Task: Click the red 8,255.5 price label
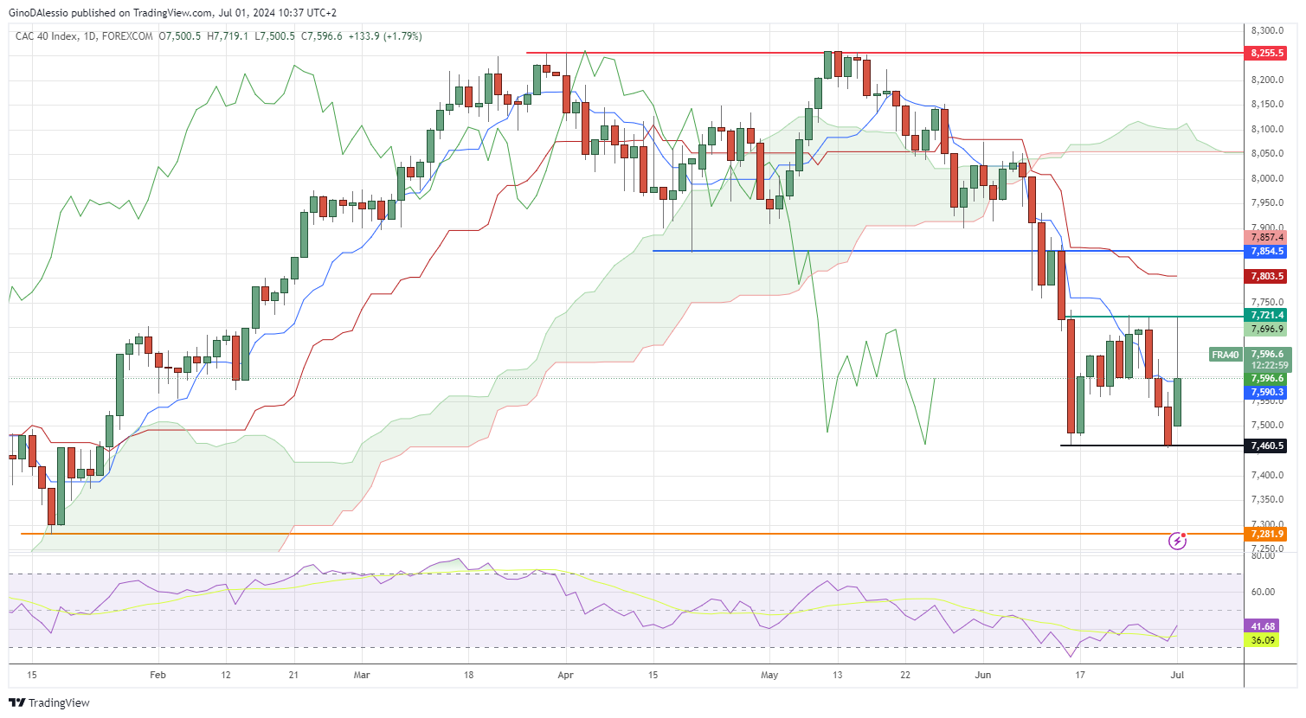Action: tap(1267, 53)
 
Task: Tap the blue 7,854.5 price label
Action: tap(1267, 251)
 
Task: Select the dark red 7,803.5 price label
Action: tap(1267, 276)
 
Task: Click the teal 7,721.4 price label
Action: tap(1267, 315)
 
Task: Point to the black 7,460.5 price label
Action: tap(1267, 446)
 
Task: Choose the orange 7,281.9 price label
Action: tap(1267, 534)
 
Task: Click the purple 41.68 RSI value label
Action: tap(1263, 626)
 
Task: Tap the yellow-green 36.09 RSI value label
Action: tap(1263, 640)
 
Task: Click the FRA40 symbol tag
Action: tap(1226, 355)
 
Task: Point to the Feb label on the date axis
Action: tap(158, 675)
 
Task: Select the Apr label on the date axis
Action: tap(565, 675)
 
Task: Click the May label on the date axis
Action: tap(769, 675)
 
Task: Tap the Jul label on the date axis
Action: tap(1177, 675)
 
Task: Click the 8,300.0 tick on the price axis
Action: tap(1267, 30)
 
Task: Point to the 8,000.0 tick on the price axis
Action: tap(1267, 178)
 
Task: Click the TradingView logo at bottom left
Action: tap(49, 702)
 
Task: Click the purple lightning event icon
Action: tap(1177, 541)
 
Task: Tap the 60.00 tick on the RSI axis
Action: tap(1263, 592)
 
